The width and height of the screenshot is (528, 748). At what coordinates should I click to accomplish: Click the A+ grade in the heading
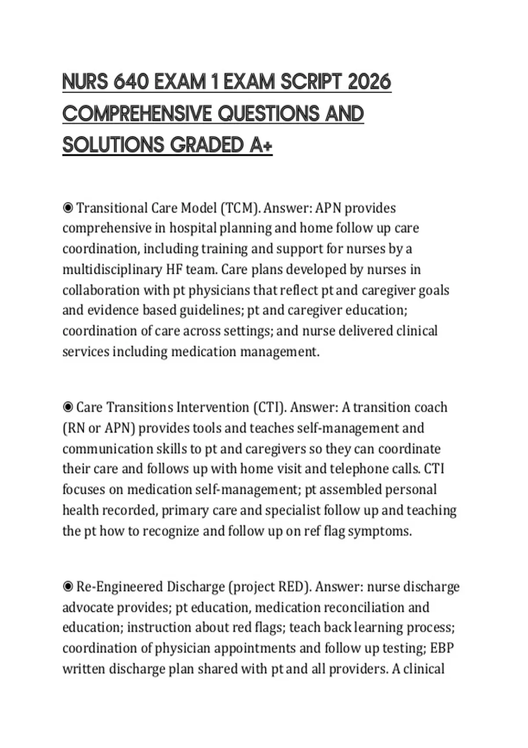pos(261,145)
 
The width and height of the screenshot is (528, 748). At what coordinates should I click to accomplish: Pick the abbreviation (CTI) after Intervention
pos(270,407)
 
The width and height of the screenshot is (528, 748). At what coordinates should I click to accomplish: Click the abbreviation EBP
pos(442,648)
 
